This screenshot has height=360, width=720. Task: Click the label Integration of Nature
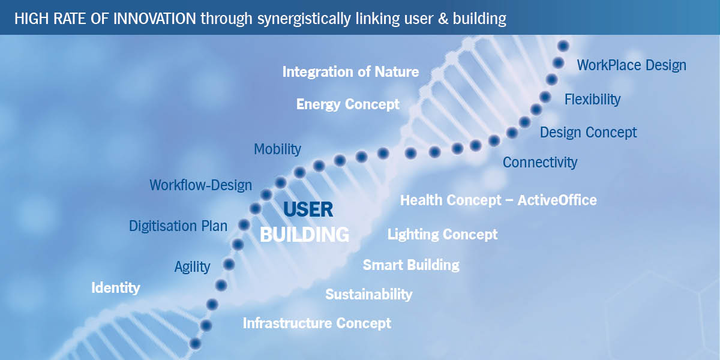pyautogui.click(x=350, y=72)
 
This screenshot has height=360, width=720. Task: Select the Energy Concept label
pyautogui.click(x=348, y=104)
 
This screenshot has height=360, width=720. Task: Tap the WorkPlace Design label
pyautogui.click(x=631, y=65)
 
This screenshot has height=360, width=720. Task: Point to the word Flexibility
pyautogui.click(x=592, y=99)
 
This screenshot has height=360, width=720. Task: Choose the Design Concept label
pyautogui.click(x=588, y=132)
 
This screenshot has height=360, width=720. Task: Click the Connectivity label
pyautogui.click(x=540, y=162)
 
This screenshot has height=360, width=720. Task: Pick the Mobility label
pyautogui.click(x=277, y=149)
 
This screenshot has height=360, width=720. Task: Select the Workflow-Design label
pyautogui.click(x=200, y=185)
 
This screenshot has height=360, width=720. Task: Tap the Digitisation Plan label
pyautogui.click(x=178, y=226)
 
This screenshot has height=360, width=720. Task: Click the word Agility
pyautogui.click(x=192, y=267)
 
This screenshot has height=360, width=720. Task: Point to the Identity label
pyautogui.click(x=115, y=288)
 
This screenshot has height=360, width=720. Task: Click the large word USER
pyautogui.click(x=308, y=209)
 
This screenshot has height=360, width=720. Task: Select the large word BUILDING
pyautogui.click(x=304, y=234)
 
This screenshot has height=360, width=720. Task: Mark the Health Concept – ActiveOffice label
pyautogui.click(x=498, y=200)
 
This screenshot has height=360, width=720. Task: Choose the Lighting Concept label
pyautogui.click(x=442, y=234)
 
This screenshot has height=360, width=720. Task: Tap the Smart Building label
pyautogui.click(x=411, y=265)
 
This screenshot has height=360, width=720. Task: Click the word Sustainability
pyautogui.click(x=368, y=294)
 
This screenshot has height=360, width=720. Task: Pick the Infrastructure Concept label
pyautogui.click(x=317, y=323)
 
